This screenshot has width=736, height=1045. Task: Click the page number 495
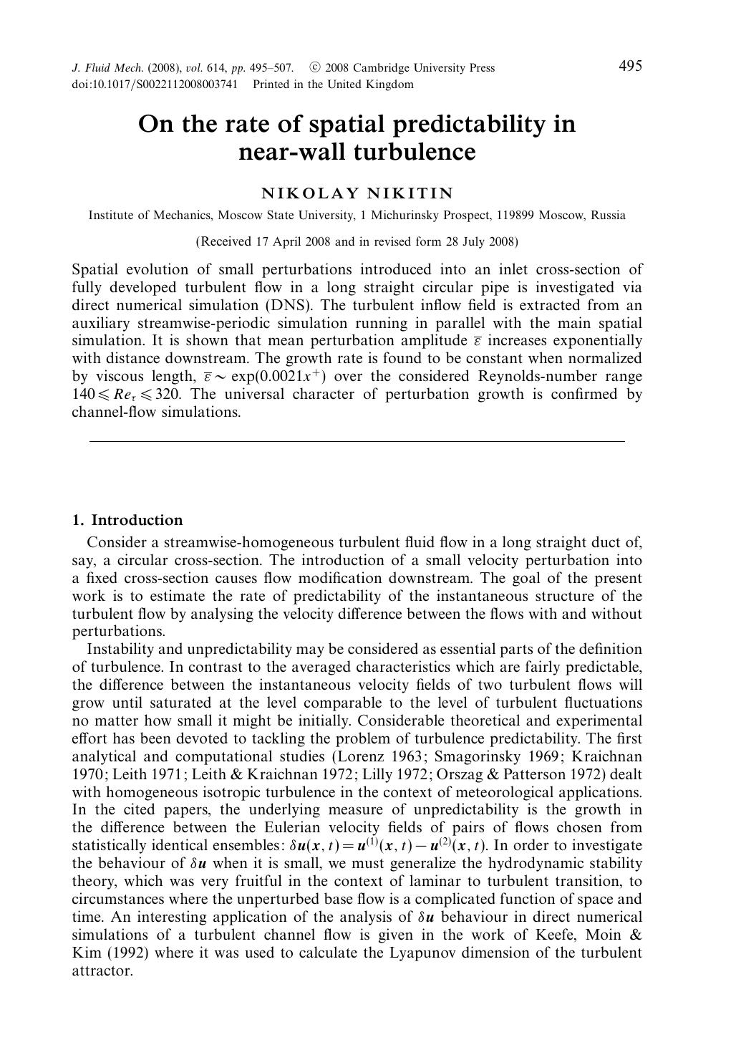630,67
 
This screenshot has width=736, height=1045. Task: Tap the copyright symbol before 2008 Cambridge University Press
314,68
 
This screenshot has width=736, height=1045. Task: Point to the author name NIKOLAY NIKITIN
357,193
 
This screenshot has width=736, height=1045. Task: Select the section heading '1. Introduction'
127,521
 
